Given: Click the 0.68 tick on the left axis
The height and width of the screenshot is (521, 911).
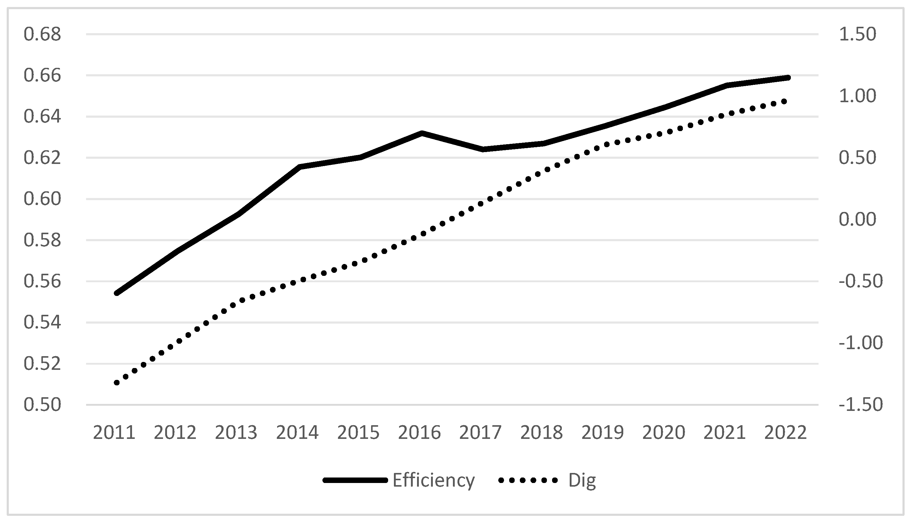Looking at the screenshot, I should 42,35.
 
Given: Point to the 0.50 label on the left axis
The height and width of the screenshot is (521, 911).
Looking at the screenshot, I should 42,405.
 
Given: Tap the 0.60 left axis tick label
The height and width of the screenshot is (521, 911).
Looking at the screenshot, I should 42,199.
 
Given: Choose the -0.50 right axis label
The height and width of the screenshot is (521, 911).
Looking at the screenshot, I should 861,281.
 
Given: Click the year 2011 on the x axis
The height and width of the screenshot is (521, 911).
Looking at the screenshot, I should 114,432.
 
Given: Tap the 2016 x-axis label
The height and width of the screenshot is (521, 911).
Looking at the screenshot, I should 419,432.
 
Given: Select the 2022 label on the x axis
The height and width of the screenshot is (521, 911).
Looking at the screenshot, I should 785,432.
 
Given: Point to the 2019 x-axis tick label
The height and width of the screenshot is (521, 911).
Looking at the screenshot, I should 603,432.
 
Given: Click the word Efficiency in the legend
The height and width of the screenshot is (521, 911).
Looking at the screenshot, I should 434,480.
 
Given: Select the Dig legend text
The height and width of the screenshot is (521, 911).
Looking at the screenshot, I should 582,480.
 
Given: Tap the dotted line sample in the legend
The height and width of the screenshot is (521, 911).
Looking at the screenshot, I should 528,481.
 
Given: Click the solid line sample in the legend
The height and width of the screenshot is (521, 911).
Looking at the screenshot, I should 355,481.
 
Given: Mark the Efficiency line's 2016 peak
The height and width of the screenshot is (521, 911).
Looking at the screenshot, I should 422,133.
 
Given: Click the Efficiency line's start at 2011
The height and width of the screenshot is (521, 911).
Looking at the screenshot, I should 116,293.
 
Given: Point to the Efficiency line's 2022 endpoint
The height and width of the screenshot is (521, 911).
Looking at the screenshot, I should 788,78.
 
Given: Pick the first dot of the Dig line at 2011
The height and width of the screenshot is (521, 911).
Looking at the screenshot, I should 116,383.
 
